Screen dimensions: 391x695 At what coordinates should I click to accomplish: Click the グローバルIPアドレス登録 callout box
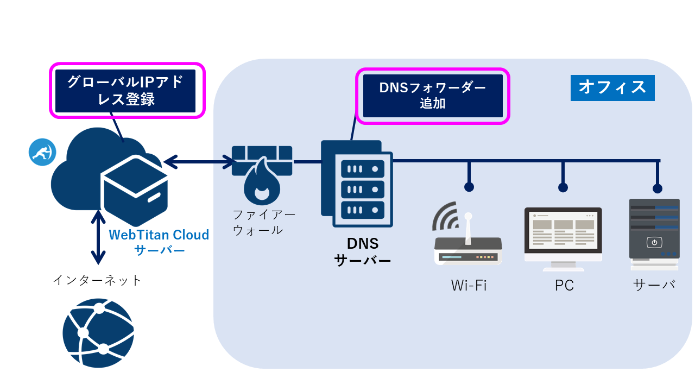pyautogui.click(x=125, y=90)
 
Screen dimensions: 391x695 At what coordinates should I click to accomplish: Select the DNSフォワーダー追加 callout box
pyautogui.click(x=432, y=96)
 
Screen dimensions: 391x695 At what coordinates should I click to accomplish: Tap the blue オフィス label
pyautogui.click(x=612, y=87)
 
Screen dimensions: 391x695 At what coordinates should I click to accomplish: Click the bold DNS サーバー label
pyautogui.click(x=362, y=251)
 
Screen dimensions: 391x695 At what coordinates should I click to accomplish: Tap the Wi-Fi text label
pyautogui.click(x=469, y=285)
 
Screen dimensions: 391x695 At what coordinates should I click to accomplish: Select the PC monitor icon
pyautogui.click(x=563, y=238)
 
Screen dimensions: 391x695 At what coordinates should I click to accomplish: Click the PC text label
pyautogui.click(x=564, y=286)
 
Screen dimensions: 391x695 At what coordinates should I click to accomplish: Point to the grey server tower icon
pyautogui.click(x=654, y=234)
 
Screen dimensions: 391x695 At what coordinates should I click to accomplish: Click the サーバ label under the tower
pyautogui.click(x=654, y=285)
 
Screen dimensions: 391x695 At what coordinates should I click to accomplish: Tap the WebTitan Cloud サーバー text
pyautogui.click(x=159, y=242)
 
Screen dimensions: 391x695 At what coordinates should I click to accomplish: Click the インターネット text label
pyautogui.click(x=97, y=280)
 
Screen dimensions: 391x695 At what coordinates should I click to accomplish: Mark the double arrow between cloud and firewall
pyautogui.click(x=200, y=161)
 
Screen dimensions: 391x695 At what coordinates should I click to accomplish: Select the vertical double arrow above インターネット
pyautogui.click(x=98, y=236)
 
